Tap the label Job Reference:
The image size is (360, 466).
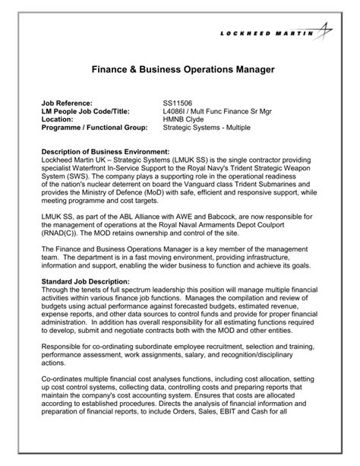point(66,103)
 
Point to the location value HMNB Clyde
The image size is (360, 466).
point(183,119)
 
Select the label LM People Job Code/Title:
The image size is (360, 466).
point(86,111)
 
